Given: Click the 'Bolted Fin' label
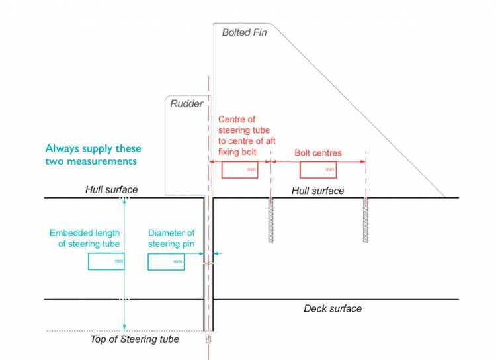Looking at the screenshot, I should [x=244, y=32].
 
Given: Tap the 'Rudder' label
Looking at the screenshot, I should [x=187, y=103].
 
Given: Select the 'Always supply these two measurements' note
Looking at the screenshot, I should [x=93, y=155].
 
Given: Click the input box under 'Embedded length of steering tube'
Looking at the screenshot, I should [x=106, y=262].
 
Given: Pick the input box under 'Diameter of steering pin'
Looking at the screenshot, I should [x=166, y=262].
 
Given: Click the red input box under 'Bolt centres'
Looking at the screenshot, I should [x=319, y=170].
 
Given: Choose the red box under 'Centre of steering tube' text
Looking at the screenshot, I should [x=240, y=170].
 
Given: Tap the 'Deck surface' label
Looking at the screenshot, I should [x=333, y=308].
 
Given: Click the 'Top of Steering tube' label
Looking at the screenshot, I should [x=134, y=339].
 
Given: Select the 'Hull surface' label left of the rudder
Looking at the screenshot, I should [x=111, y=190].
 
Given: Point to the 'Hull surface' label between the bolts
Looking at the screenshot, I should [x=317, y=191].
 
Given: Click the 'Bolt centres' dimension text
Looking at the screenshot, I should [x=318, y=153].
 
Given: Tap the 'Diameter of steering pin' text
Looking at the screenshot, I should [x=171, y=238].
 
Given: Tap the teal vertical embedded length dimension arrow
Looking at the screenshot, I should [x=124, y=265].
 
